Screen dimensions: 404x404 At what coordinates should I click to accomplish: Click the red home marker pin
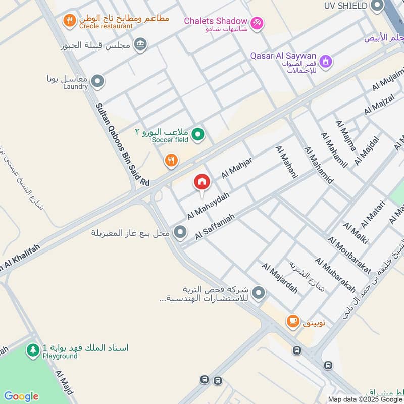[x=201, y=182]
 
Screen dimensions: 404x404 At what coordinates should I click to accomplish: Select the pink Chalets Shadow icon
[x=257, y=23]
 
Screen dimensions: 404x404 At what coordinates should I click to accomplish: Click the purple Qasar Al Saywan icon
[x=327, y=61]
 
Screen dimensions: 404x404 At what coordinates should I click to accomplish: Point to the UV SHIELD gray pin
[x=377, y=6]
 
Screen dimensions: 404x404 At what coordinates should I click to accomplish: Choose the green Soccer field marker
[x=198, y=134]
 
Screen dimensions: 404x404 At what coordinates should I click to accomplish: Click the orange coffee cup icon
[x=292, y=321]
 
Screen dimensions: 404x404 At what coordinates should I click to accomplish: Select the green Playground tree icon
[x=33, y=350]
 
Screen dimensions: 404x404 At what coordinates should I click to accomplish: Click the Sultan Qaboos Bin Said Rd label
[x=124, y=144]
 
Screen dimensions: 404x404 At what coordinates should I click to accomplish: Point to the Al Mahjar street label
[x=236, y=167]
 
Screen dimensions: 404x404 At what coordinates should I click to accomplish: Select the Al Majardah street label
[x=279, y=278]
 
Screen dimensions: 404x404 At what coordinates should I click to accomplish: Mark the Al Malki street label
[x=356, y=233]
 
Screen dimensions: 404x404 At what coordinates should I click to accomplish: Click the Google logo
[x=21, y=396]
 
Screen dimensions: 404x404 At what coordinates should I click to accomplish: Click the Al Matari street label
[x=373, y=214]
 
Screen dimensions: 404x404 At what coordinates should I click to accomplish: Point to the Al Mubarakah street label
[x=335, y=276]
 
